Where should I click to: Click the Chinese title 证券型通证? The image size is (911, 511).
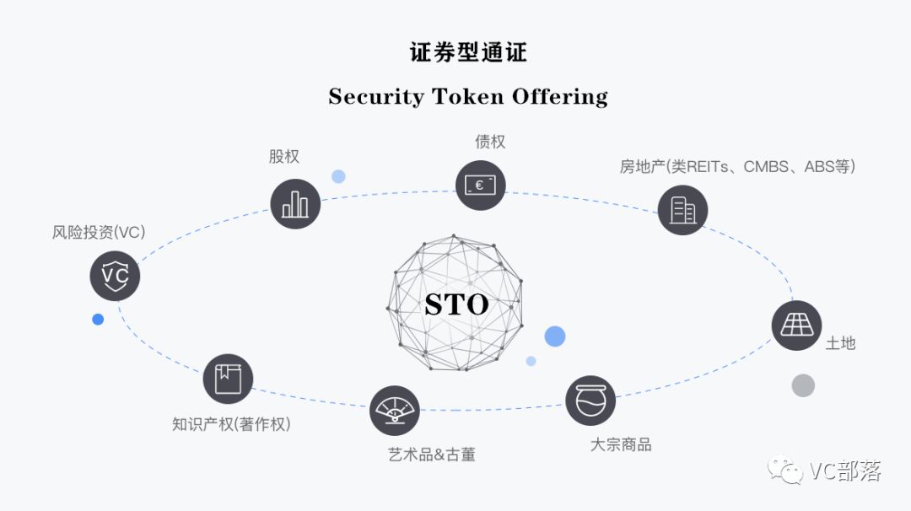click(x=468, y=52)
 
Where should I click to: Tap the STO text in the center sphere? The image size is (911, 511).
click(x=456, y=304)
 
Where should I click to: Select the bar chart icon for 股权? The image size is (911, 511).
click(x=295, y=203)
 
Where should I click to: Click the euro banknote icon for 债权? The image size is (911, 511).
click(x=480, y=185)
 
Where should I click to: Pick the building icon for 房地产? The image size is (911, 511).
click(x=682, y=210)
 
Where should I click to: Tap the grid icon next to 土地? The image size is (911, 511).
click(x=796, y=325)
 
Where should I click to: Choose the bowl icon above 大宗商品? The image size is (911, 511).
click(x=590, y=401)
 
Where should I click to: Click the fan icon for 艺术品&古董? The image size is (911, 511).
click(x=395, y=411)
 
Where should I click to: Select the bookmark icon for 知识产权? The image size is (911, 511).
click(x=228, y=379)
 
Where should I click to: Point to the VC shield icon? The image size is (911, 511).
click(x=115, y=276)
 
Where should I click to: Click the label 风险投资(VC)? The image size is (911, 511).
click(x=99, y=233)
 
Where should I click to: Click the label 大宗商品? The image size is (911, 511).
click(x=621, y=445)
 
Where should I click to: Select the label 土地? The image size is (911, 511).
click(x=840, y=343)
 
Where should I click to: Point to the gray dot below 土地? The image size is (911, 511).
click(x=803, y=386)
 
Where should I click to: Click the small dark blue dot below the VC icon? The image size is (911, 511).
click(x=98, y=320)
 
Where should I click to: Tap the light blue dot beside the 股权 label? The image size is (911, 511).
click(x=338, y=176)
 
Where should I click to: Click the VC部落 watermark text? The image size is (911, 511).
click(x=844, y=471)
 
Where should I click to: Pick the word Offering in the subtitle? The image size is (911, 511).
click(x=561, y=96)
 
